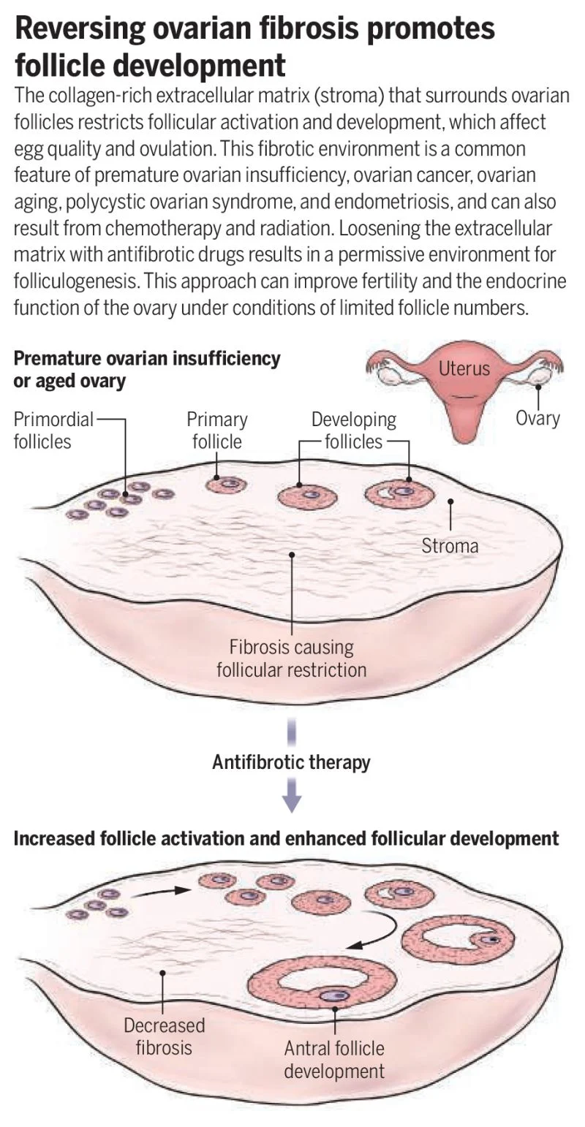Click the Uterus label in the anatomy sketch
pyautogui.click(x=464, y=368)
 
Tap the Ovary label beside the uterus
pyautogui.click(x=537, y=418)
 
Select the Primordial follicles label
pyautogui.click(x=53, y=430)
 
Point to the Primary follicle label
pyautogui.click(x=216, y=430)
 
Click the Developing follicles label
pyautogui.click(x=354, y=430)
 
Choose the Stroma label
pyautogui.click(x=450, y=545)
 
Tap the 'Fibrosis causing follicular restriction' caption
pyautogui.click(x=291, y=658)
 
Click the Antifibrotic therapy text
pyautogui.click(x=291, y=762)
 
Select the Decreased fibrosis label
pyautogui.click(x=164, y=1036)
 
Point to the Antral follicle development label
pyautogui.click(x=334, y=1060)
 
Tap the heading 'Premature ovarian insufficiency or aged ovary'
pyautogui.click(x=146, y=369)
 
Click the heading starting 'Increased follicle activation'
pyautogui.click(x=286, y=838)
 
